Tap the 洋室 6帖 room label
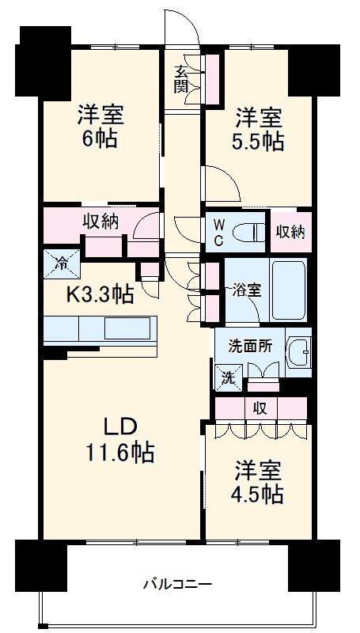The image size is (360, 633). tap(101, 127)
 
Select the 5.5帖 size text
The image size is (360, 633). tap(259, 142)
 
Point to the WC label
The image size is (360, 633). tap(219, 232)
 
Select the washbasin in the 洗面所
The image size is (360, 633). tap(298, 350)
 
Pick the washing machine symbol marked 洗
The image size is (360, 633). tap(226, 377)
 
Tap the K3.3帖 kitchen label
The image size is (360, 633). tap(99, 295)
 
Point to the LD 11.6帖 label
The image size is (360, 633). tap(119, 440)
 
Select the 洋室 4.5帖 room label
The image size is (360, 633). tap(258, 482)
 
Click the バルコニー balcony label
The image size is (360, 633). tap(177, 586)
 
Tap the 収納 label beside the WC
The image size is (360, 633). tap(290, 232)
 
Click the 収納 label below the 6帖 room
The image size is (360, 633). tap(100, 222)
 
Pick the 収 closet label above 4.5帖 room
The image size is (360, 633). tap(260, 408)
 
